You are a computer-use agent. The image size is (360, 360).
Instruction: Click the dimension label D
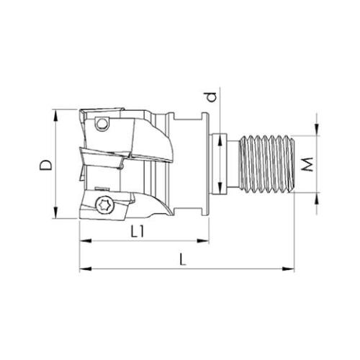[x=45, y=164]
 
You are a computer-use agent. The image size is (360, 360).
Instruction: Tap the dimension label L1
[x=138, y=232]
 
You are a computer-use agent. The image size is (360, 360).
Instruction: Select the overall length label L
[x=183, y=260]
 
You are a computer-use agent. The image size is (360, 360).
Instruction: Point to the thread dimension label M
[x=307, y=164]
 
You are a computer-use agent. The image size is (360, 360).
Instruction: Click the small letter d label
[x=212, y=96]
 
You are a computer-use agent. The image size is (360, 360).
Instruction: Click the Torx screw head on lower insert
[x=102, y=205]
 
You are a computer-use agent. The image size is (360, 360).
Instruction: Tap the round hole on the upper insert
[x=102, y=124]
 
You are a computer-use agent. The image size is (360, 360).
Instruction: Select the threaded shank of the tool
[x=267, y=164]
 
